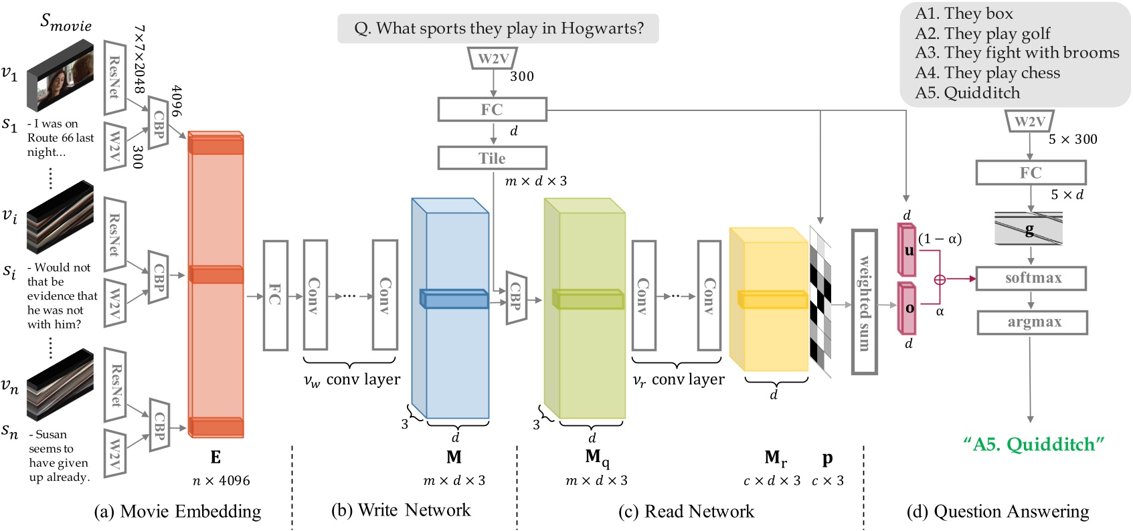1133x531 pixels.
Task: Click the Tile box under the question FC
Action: pyautogui.click(x=492, y=158)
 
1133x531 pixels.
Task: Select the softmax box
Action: pyautogui.click(x=1031, y=278)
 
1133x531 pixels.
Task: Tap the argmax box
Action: pyautogui.click(x=1032, y=322)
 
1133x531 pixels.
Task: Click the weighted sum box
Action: pyautogui.click(x=864, y=302)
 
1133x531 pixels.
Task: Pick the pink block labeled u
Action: pyautogui.click(x=907, y=250)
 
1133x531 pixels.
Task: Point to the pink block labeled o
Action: pyautogui.click(x=907, y=308)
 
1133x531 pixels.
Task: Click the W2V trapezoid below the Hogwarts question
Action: pyautogui.click(x=494, y=59)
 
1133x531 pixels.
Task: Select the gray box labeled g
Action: pyautogui.click(x=1029, y=229)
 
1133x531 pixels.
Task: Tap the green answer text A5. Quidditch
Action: pyautogui.click(x=1033, y=445)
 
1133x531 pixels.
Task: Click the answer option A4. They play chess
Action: pyautogui.click(x=988, y=73)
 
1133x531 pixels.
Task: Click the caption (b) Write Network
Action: pyautogui.click(x=401, y=510)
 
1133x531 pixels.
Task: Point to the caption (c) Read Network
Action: pyautogui.click(x=686, y=512)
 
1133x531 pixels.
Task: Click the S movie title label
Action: pyautogui.click(x=66, y=23)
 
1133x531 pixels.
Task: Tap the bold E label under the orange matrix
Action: pyautogui.click(x=215, y=457)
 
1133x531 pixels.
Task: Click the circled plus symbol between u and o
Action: pyautogui.click(x=940, y=280)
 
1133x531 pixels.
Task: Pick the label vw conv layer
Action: pyautogui.click(x=352, y=380)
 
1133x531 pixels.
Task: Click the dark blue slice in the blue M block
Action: pyautogui.click(x=454, y=299)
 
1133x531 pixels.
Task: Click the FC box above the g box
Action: pyautogui.click(x=1031, y=173)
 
